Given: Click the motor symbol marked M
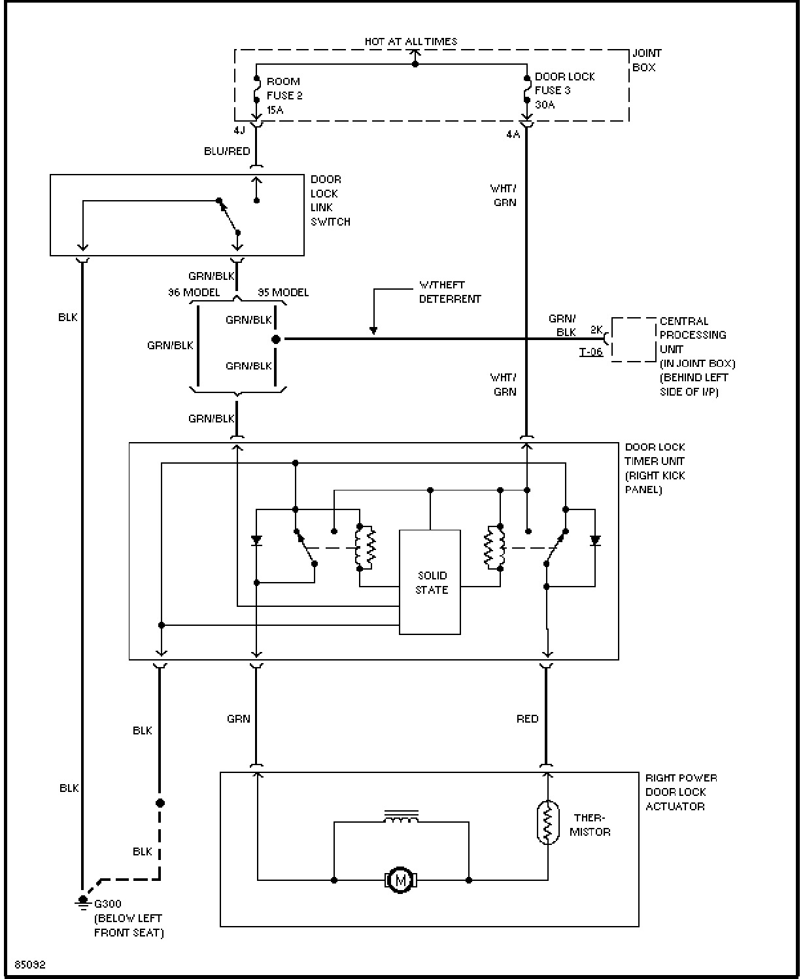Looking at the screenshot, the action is [400, 880].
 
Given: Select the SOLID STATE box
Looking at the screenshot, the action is [430, 582].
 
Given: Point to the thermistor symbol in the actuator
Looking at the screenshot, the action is [548, 822].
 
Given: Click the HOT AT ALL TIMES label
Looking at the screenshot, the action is [411, 42].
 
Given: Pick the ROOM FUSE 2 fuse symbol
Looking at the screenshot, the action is [256, 89].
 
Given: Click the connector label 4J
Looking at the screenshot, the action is [239, 130].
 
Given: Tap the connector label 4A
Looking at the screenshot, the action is [513, 135].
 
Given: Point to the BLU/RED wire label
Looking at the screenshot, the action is [227, 151].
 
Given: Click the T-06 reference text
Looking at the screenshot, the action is [591, 352].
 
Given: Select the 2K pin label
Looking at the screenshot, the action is [596, 330].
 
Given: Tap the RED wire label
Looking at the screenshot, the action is [527, 719].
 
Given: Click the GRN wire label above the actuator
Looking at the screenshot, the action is [239, 719].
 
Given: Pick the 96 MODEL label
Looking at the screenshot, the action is [194, 292].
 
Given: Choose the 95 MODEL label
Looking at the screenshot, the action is [283, 292].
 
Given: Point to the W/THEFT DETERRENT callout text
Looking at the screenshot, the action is [450, 292].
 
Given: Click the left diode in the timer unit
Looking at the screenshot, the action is [256, 540].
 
